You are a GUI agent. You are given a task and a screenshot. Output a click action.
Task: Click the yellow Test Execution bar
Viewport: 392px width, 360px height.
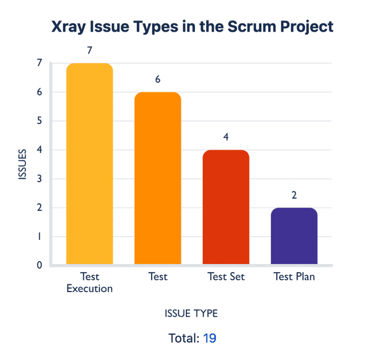[x=89, y=163]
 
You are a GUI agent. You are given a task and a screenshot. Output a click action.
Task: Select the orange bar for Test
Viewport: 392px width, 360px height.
[x=158, y=178]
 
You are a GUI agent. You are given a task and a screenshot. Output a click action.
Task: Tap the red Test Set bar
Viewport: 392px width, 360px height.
[x=226, y=207]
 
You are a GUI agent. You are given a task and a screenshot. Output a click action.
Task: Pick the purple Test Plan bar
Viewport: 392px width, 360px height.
[x=294, y=236]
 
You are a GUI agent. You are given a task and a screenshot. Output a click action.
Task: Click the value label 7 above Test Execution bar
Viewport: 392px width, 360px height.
[x=90, y=51]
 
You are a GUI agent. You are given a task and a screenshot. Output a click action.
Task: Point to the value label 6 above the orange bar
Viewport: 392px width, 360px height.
[x=158, y=79]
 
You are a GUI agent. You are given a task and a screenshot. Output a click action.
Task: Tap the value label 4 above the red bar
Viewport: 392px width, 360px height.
[x=226, y=137]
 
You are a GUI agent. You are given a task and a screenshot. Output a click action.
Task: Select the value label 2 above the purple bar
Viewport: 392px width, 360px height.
[x=294, y=195]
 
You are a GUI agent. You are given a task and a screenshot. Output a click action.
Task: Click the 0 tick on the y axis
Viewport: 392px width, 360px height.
[x=39, y=265]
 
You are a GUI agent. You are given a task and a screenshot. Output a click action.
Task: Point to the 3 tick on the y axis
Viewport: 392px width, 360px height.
[x=39, y=179]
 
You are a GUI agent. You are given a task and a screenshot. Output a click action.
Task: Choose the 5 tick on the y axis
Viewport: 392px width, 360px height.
[x=39, y=121]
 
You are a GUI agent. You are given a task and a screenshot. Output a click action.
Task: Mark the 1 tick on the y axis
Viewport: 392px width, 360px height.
[x=39, y=236]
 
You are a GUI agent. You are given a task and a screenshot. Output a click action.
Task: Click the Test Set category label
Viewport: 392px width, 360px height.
[x=226, y=277]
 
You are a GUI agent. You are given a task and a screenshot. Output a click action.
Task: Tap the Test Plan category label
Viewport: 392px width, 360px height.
[x=294, y=277]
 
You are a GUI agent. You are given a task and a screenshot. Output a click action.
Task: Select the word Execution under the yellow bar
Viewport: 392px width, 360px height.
[x=89, y=289]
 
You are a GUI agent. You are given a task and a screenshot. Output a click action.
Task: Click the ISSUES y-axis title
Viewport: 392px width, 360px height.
[x=22, y=164]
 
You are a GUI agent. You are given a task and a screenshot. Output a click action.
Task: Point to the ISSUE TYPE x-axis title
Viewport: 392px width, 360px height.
[x=191, y=314]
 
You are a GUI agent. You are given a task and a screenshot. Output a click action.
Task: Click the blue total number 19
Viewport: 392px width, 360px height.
[x=209, y=338]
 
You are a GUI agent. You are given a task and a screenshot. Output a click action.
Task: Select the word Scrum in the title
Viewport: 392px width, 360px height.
[x=252, y=26]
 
